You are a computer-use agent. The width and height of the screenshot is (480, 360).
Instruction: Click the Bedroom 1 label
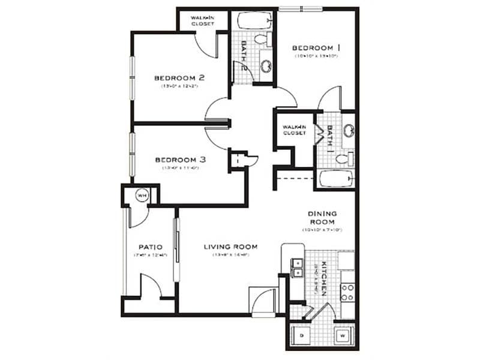(x=316, y=47)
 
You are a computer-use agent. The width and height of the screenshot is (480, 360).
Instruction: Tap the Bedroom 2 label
(x=179, y=77)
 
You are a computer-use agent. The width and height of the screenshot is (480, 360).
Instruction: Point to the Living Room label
(x=230, y=247)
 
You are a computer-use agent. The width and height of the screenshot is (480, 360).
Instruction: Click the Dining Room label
(x=322, y=217)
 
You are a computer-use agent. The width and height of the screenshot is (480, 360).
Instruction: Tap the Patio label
(x=147, y=247)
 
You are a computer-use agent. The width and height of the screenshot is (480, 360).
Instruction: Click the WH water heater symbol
(x=142, y=195)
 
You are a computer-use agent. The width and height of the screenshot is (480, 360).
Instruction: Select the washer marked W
(x=342, y=335)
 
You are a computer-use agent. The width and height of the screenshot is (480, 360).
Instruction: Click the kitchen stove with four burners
(x=347, y=292)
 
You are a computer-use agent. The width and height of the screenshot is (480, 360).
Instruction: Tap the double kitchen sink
(x=296, y=267)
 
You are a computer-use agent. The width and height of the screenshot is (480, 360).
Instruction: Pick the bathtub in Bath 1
(x=337, y=179)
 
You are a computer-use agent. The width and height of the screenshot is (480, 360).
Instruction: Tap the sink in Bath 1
(x=348, y=131)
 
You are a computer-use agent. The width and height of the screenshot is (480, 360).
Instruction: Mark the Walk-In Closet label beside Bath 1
(x=295, y=130)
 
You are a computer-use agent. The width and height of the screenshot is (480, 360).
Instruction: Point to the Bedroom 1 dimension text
(x=317, y=56)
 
